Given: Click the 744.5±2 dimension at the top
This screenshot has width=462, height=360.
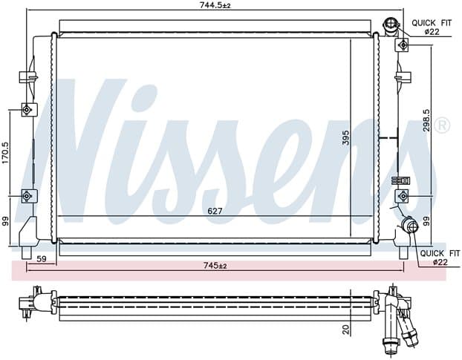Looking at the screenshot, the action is [x=215, y=5].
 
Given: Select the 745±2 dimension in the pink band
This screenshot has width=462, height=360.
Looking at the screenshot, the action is [x=215, y=266].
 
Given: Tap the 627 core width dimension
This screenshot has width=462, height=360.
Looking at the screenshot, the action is [x=215, y=211].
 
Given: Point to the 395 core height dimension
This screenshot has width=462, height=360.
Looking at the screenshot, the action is [x=345, y=138].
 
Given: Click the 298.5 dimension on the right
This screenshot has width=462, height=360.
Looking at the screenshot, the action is [x=426, y=120].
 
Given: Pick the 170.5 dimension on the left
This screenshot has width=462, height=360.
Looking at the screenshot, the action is [x=6, y=153].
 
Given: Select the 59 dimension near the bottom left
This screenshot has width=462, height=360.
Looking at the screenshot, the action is [x=42, y=259].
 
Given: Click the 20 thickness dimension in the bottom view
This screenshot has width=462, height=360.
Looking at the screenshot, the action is [x=346, y=329].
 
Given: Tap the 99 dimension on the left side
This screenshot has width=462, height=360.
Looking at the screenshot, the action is [x=6, y=221].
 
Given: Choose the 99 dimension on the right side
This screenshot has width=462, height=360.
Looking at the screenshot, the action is [x=426, y=221].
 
